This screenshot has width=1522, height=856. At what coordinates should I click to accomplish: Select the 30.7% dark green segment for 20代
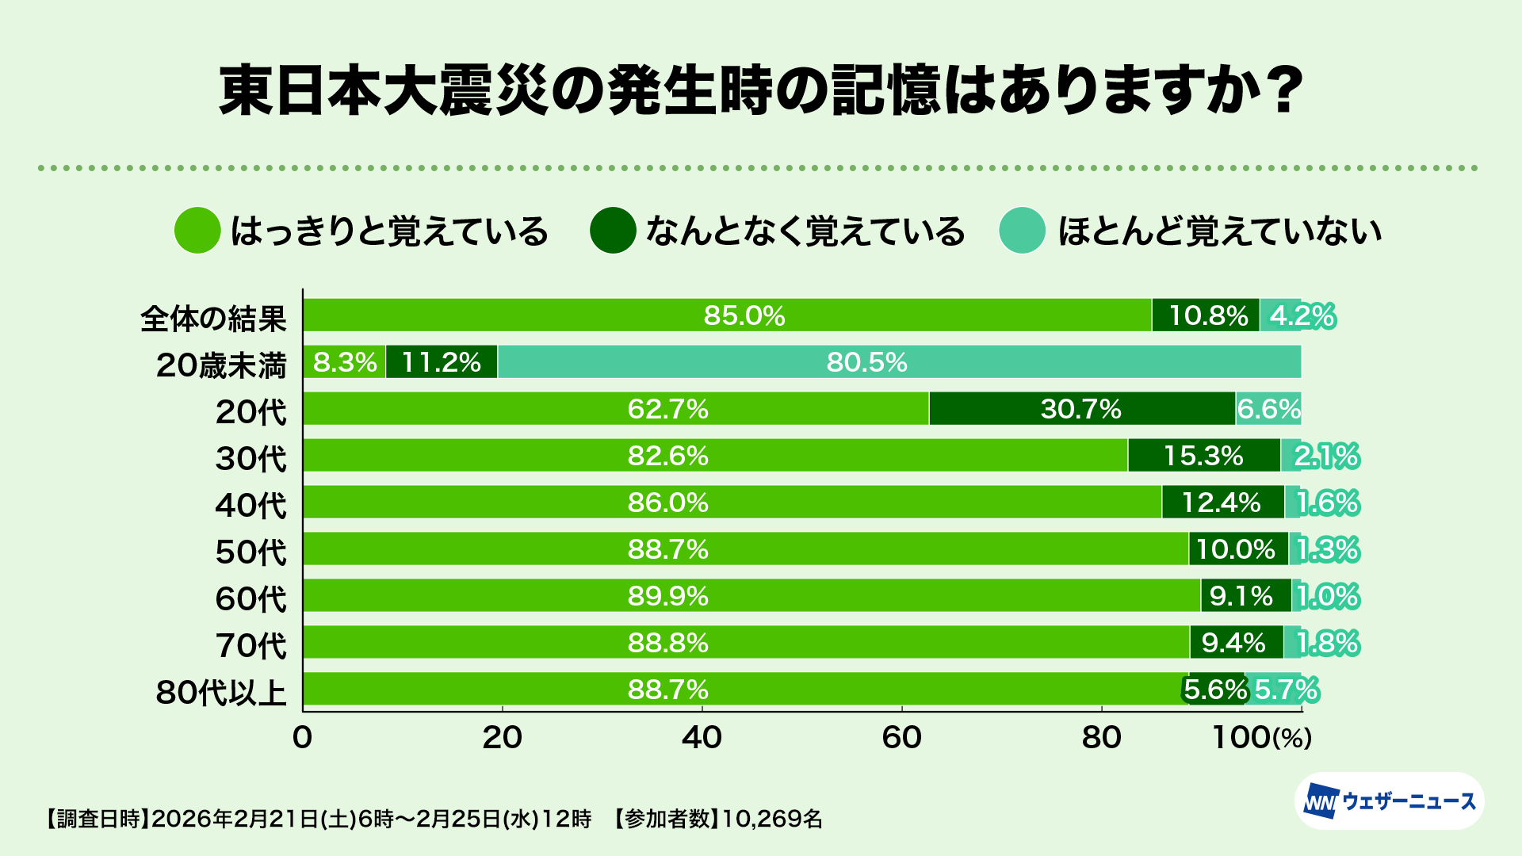click(x=1081, y=409)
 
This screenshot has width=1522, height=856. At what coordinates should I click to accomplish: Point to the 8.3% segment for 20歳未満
click(x=344, y=362)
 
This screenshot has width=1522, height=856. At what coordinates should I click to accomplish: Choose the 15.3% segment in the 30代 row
click(x=1203, y=456)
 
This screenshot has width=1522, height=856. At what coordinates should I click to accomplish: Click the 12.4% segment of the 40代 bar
click(x=1222, y=503)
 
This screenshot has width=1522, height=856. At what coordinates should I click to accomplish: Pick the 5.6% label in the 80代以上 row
click(x=1215, y=690)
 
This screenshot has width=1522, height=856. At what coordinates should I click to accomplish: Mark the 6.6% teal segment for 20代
click(x=1268, y=409)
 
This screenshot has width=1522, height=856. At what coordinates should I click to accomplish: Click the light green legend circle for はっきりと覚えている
click(x=197, y=231)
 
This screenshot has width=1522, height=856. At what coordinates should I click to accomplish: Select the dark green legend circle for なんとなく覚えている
click(x=613, y=231)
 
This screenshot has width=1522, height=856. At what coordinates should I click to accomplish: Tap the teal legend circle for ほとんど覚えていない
click(x=1023, y=231)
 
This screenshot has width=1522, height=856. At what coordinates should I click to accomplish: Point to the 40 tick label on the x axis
click(x=702, y=738)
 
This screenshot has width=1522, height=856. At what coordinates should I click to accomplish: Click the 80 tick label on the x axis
click(x=1101, y=738)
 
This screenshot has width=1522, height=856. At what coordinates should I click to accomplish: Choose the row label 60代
click(x=250, y=598)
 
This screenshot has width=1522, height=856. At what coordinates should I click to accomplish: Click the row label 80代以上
click(x=221, y=692)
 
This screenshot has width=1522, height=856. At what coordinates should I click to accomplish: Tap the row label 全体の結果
click(x=213, y=319)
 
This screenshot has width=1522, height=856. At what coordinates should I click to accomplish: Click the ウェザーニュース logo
click(x=1389, y=801)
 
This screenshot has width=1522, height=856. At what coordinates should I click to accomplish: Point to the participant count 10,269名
click(x=772, y=819)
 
